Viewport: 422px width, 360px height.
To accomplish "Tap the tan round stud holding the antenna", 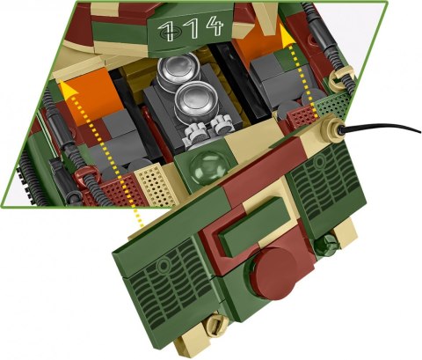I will point(336,129).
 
